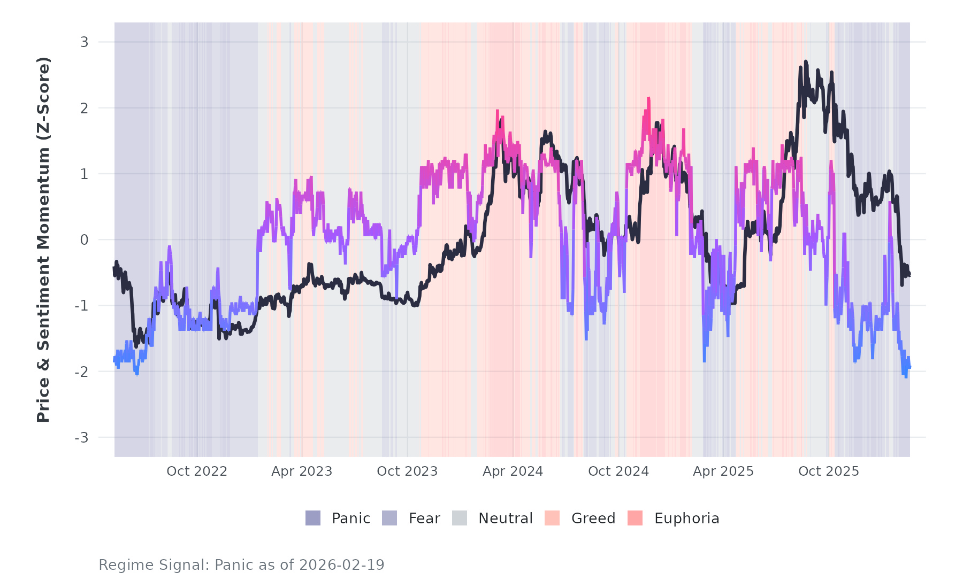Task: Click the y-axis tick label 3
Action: pyautogui.click(x=84, y=42)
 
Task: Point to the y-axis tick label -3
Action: pyautogui.click(x=81, y=438)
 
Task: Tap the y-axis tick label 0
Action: pyautogui.click(x=84, y=240)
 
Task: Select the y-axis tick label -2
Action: pyautogui.click(x=81, y=372)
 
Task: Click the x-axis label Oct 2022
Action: pyautogui.click(x=197, y=471)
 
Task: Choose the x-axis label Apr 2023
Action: pyautogui.click(x=302, y=471)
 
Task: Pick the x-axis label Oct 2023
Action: pyautogui.click(x=407, y=471)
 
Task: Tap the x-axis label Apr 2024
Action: pyautogui.click(x=513, y=471)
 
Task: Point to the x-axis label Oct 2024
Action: pyautogui.click(x=618, y=471)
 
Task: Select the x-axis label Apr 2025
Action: pyautogui.click(x=723, y=471)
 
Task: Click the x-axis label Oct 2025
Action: pyautogui.click(x=829, y=471)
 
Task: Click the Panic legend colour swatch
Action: pyautogui.click(x=313, y=518)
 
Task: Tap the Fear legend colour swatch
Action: pyautogui.click(x=389, y=518)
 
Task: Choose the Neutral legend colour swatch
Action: pyautogui.click(x=460, y=518)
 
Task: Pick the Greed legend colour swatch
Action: pyautogui.click(x=552, y=518)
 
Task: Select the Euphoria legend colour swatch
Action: pyautogui.click(x=635, y=518)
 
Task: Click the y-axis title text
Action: pyautogui.click(x=43, y=239)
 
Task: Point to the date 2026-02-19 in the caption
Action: pyautogui.click(x=342, y=565)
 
